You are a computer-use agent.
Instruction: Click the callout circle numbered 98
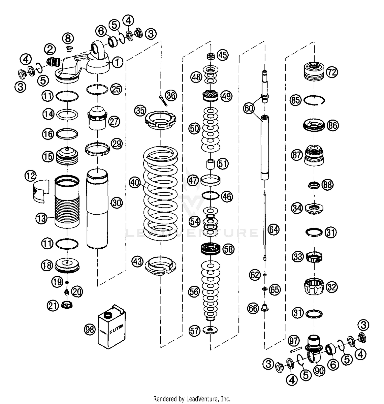point(90,330)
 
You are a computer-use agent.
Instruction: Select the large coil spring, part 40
point(160,194)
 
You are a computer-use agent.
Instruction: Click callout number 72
point(332,72)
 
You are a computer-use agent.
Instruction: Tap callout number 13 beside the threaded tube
point(41,218)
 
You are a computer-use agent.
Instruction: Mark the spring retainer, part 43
point(161,266)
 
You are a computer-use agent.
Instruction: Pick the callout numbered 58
point(228,249)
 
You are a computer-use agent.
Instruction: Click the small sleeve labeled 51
point(210,164)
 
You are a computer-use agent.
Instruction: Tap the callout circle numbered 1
point(117,62)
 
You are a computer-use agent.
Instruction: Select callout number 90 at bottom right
point(319,371)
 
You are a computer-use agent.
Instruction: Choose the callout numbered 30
point(117,203)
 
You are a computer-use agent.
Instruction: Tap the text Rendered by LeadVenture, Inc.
point(192,398)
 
